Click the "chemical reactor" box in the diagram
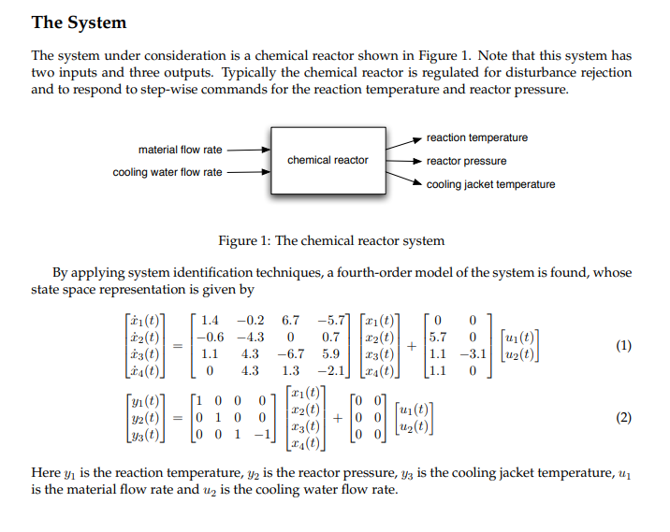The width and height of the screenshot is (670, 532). [328, 160]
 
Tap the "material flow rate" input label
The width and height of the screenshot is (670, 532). [180, 150]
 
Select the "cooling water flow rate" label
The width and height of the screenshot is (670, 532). [167, 172]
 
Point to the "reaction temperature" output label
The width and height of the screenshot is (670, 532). [476, 137]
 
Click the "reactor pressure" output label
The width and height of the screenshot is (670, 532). [466, 161]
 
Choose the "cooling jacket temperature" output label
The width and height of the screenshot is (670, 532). [490, 184]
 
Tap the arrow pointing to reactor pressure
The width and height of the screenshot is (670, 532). [403, 161]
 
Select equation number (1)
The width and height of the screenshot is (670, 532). [624, 346]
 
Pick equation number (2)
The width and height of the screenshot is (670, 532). [624, 418]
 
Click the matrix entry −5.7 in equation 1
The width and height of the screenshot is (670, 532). [331, 321]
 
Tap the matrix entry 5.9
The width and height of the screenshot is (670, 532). [330, 354]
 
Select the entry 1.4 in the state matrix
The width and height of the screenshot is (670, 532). [211, 321]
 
